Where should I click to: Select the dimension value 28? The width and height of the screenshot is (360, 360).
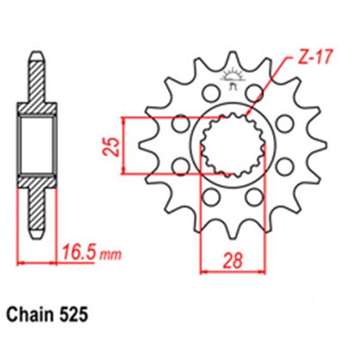click(x=233, y=261)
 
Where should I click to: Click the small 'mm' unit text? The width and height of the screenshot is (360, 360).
click(x=110, y=255)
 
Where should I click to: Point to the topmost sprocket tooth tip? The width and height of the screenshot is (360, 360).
click(x=233, y=52)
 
